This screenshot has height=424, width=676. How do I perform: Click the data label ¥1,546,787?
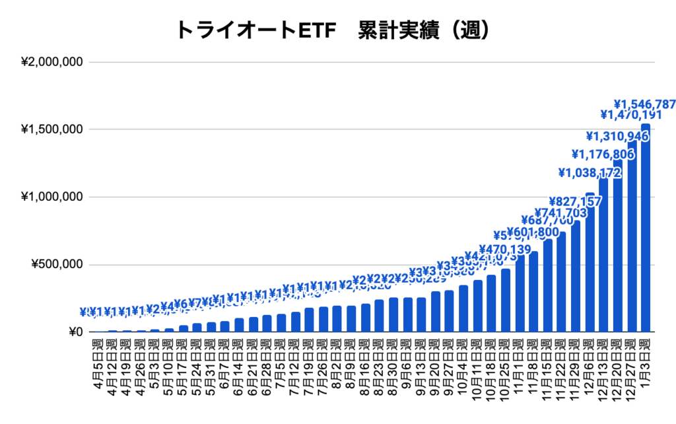coord(645,104)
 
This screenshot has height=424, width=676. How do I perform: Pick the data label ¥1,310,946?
coord(617,137)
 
